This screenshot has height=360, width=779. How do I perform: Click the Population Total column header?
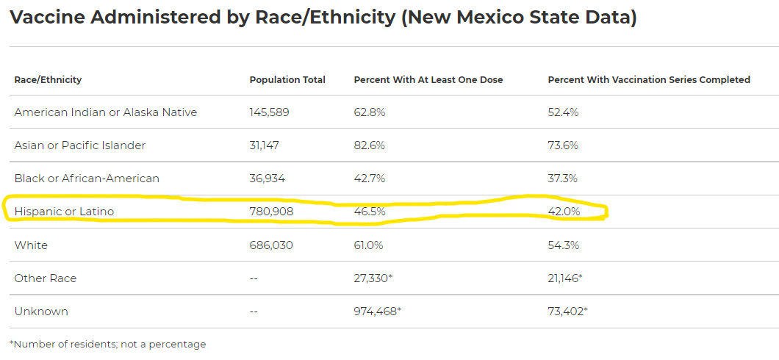coord(287,79)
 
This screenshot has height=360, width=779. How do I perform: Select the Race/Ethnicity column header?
coord(48,79)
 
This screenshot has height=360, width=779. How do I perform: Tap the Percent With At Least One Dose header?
coord(428,79)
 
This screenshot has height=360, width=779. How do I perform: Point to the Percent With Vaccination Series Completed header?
coord(649,79)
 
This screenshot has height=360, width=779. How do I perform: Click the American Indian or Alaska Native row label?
coord(106,112)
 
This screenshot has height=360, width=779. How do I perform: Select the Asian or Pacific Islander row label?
coord(80,145)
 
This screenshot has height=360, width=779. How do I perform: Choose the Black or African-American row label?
coord(87,179)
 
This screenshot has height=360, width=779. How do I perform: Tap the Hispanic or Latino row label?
coord(64,212)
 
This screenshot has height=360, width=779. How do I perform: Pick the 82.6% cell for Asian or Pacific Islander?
coord(370,145)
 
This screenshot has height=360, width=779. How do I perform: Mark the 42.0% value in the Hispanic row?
coord(564,212)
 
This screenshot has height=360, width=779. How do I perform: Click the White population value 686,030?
coord(271,245)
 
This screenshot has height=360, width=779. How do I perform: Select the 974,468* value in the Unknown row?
coord(378,312)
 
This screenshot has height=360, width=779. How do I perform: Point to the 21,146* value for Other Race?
coord(565,278)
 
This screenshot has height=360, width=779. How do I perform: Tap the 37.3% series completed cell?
coord(563,179)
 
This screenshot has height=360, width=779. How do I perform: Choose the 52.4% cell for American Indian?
coord(564,112)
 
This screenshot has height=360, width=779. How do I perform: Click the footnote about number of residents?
coord(108,344)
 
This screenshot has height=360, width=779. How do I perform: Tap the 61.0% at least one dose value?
coord(369,245)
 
